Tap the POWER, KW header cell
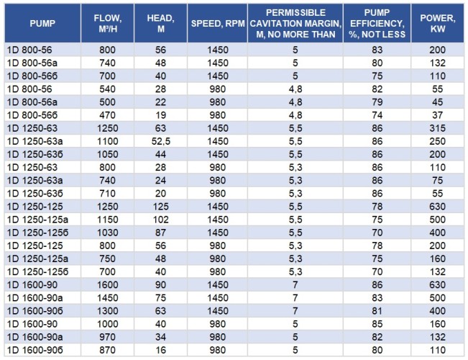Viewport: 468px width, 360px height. point(437,23)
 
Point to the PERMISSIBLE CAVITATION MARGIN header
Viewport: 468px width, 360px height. point(294,23)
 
